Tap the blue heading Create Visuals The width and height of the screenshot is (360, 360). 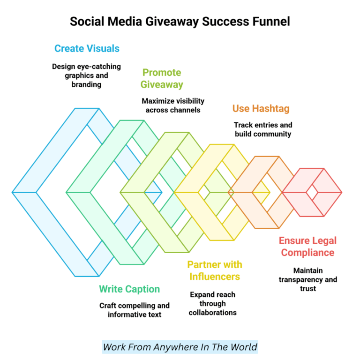point(87,48)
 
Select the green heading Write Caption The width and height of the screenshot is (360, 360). point(129,289)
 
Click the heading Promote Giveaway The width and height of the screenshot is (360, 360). point(162,78)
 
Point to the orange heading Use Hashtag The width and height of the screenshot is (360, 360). point(261,109)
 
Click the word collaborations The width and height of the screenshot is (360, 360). point(212,313)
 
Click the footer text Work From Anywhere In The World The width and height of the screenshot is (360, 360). point(180,347)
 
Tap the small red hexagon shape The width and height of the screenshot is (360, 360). point(312,192)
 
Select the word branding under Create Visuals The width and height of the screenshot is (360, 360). point(86,85)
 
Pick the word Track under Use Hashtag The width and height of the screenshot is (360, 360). point(243,125)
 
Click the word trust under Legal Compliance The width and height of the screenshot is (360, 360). point(308,289)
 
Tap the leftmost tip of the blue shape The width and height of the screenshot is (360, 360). point(13,192)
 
